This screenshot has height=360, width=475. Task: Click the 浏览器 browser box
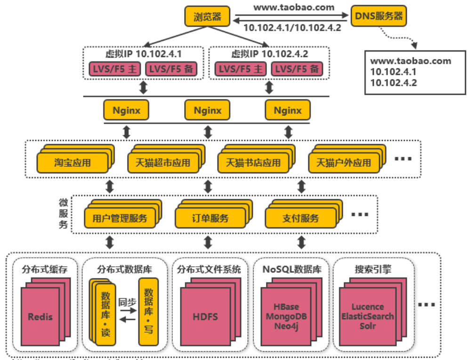tap(207, 17)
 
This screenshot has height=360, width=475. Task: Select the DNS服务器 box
tap(378, 16)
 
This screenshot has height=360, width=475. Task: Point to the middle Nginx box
tap(208, 111)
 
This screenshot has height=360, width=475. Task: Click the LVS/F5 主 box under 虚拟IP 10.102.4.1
tap(115, 69)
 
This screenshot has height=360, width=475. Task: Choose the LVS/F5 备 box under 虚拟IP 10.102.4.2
tap(297, 69)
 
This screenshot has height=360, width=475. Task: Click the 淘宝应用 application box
tap(72, 163)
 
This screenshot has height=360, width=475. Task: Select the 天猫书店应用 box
tap(253, 163)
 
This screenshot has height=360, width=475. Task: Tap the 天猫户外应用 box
tap(343, 163)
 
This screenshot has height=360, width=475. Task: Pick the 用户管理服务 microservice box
tap(120, 218)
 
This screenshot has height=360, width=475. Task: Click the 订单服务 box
tap(210, 218)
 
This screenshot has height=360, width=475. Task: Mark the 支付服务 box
tap(300, 218)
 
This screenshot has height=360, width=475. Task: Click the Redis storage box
tap(40, 317)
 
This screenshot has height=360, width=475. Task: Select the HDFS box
tap(205, 317)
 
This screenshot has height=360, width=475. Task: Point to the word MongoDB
tap(286, 316)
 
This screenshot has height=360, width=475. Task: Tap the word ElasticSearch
tap(368, 316)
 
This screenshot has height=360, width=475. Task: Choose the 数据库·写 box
tap(148, 311)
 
